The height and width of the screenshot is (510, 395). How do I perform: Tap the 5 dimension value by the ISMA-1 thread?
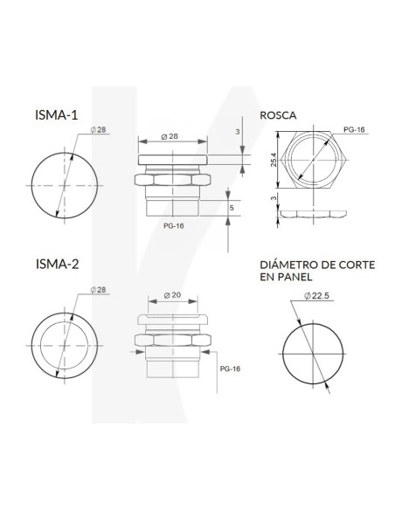click(x=231, y=208)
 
